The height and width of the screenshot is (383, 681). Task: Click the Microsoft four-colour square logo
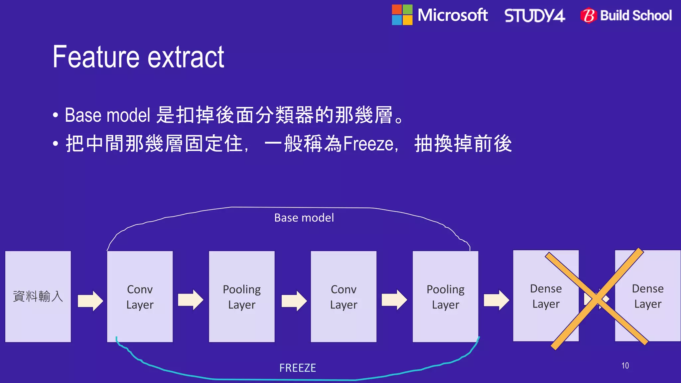402,15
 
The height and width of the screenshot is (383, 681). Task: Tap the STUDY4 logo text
534,16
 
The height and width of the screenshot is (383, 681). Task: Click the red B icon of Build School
589,15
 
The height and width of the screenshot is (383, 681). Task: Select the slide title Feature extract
138,57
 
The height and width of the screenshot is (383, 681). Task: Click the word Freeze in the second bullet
368,144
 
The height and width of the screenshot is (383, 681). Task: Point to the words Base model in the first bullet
107,115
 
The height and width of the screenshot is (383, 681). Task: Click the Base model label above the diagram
304,218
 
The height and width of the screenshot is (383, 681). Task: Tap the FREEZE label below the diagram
298,368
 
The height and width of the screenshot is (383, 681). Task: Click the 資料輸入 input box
38,296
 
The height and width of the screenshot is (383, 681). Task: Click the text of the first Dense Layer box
546,296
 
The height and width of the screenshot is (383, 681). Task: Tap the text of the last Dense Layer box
647,296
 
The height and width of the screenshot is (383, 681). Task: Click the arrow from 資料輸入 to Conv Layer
90,301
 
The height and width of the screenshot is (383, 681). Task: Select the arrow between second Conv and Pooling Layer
394,300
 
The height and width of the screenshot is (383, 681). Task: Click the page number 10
625,366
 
